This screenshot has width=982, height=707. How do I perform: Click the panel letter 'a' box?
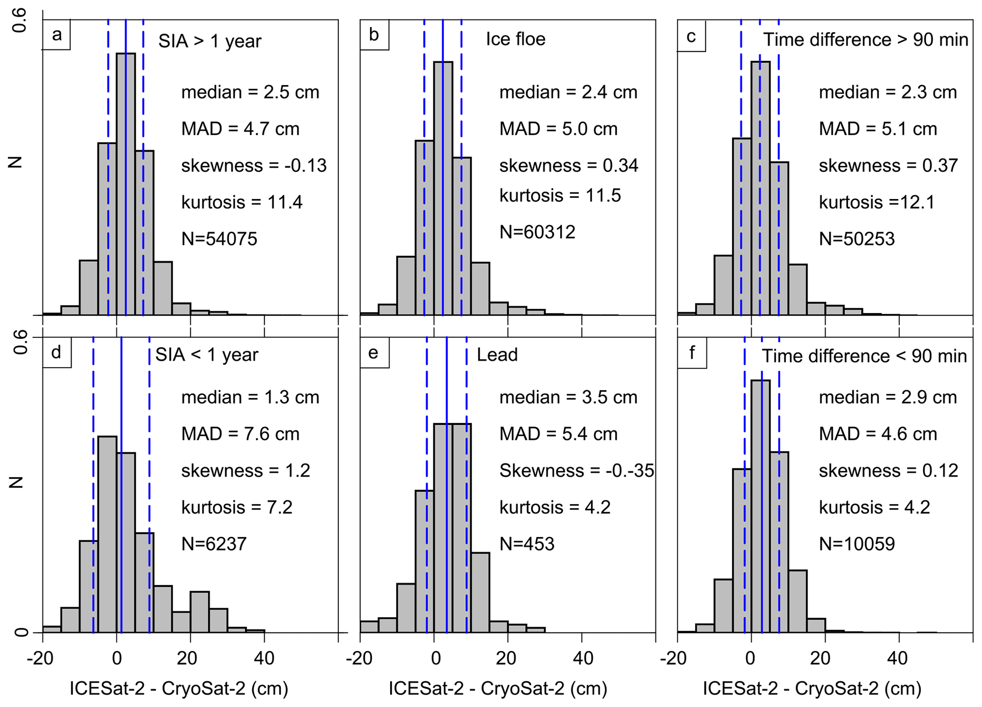click(x=57, y=35)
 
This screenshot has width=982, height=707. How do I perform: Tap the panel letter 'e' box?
click(x=374, y=353)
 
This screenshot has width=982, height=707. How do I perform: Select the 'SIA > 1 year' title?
click(x=210, y=41)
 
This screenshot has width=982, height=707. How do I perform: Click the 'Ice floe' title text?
click(x=515, y=39)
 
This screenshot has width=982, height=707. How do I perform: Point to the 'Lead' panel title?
click(x=497, y=355)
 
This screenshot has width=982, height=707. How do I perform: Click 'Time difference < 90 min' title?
click(x=864, y=356)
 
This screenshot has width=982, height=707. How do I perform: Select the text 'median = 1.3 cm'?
click(x=250, y=397)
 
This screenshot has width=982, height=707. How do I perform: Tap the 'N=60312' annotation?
click(x=537, y=232)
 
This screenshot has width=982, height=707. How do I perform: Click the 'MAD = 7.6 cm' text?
click(x=240, y=434)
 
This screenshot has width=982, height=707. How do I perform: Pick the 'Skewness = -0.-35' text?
click(x=576, y=470)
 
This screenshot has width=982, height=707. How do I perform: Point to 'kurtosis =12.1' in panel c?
click(x=877, y=202)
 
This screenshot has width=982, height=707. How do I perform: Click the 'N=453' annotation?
click(x=526, y=544)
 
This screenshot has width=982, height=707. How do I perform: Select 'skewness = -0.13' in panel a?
click(x=254, y=166)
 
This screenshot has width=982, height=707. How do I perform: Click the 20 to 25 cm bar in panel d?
click(x=200, y=612)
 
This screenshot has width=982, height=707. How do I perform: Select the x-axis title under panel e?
click(x=497, y=688)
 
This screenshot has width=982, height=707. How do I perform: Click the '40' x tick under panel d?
click(x=264, y=658)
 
